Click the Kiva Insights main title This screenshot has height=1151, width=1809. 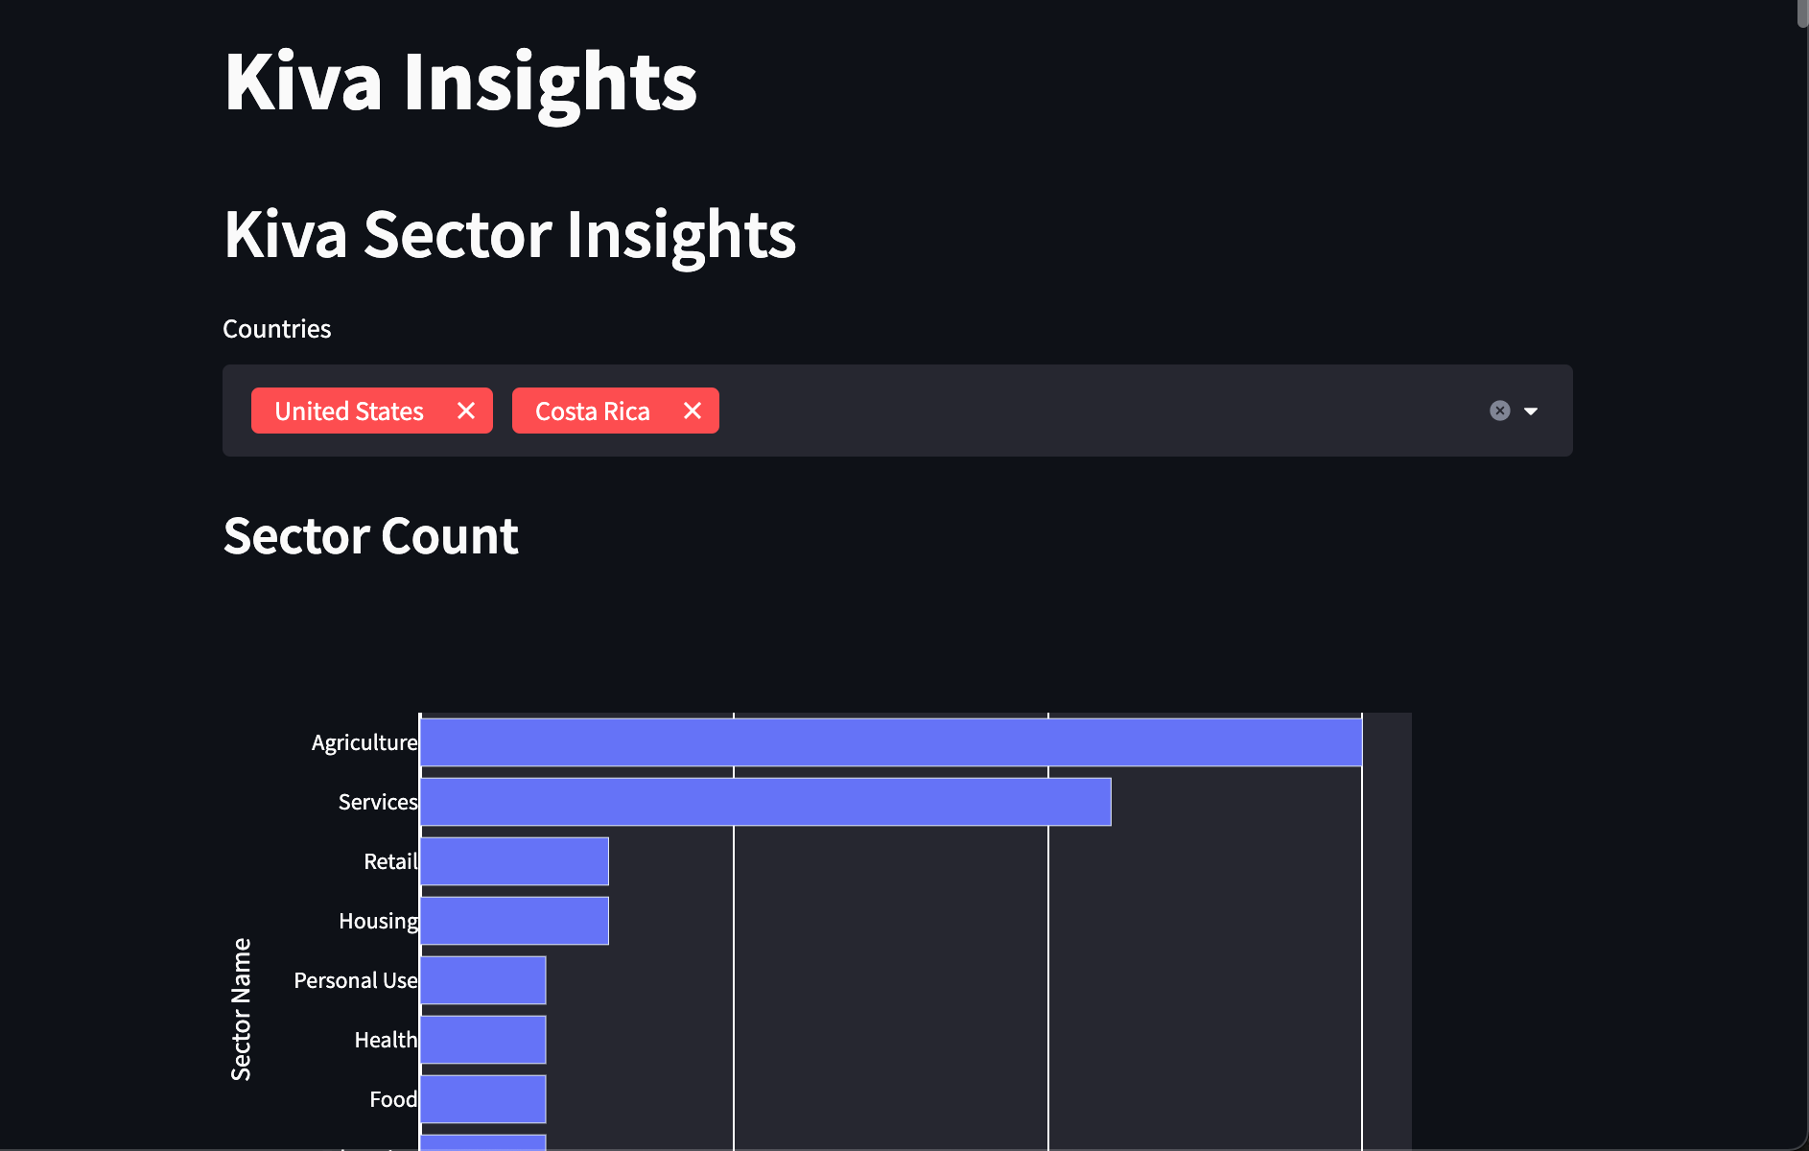(x=460, y=82)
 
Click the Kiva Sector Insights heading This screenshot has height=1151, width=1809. (x=509, y=235)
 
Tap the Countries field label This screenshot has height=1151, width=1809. (x=276, y=329)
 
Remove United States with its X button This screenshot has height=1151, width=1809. (x=466, y=411)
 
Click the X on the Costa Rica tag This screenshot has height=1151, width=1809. (x=693, y=411)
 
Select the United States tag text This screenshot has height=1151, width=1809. (x=349, y=411)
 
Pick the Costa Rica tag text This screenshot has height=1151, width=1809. (x=592, y=411)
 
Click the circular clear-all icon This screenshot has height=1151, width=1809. (x=1500, y=411)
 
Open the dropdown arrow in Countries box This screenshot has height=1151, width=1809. (x=1531, y=411)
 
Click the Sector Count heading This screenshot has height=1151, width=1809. (x=370, y=536)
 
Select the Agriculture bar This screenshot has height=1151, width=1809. (x=890, y=742)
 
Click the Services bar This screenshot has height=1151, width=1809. (x=764, y=802)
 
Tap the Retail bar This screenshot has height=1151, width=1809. (x=514, y=861)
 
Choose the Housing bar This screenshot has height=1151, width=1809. (x=514, y=921)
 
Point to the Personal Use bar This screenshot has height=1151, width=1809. (x=482, y=980)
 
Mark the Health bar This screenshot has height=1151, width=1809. (x=482, y=1040)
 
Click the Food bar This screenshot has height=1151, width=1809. (x=482, y=1099)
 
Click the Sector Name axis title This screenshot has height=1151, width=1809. (x=241, y=1009)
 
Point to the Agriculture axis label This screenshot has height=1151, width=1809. (x=364, y=742)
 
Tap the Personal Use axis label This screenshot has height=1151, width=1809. (x=355, y=980)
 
